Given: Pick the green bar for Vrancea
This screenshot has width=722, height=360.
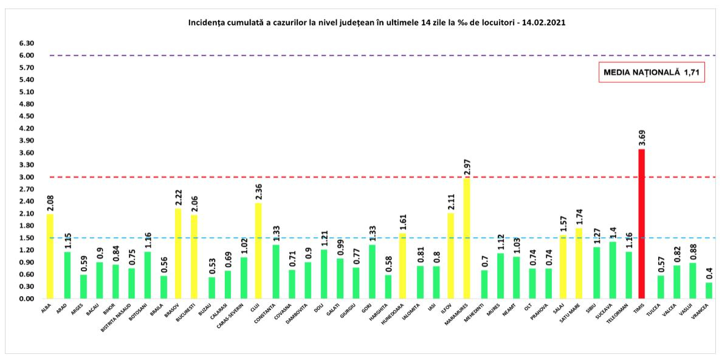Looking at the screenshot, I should pyautogui.click(x=709, y=290).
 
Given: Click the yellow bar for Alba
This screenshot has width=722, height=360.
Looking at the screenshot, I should pyautogui.click(x=50, y=256).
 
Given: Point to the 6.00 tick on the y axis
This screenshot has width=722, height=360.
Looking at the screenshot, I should pyautogui.click(x=26, y=55).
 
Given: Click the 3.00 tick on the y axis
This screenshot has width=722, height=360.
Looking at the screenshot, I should pyautogui.click(x=26, y=177).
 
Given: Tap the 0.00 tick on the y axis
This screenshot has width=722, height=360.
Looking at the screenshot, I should pyautogui.click(x=26, y=299).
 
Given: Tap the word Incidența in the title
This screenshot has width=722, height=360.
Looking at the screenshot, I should pyautogui.click(x=208, y=22).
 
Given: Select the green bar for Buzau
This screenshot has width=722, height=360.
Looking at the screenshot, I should pyautogui.click(x=211, y=288).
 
